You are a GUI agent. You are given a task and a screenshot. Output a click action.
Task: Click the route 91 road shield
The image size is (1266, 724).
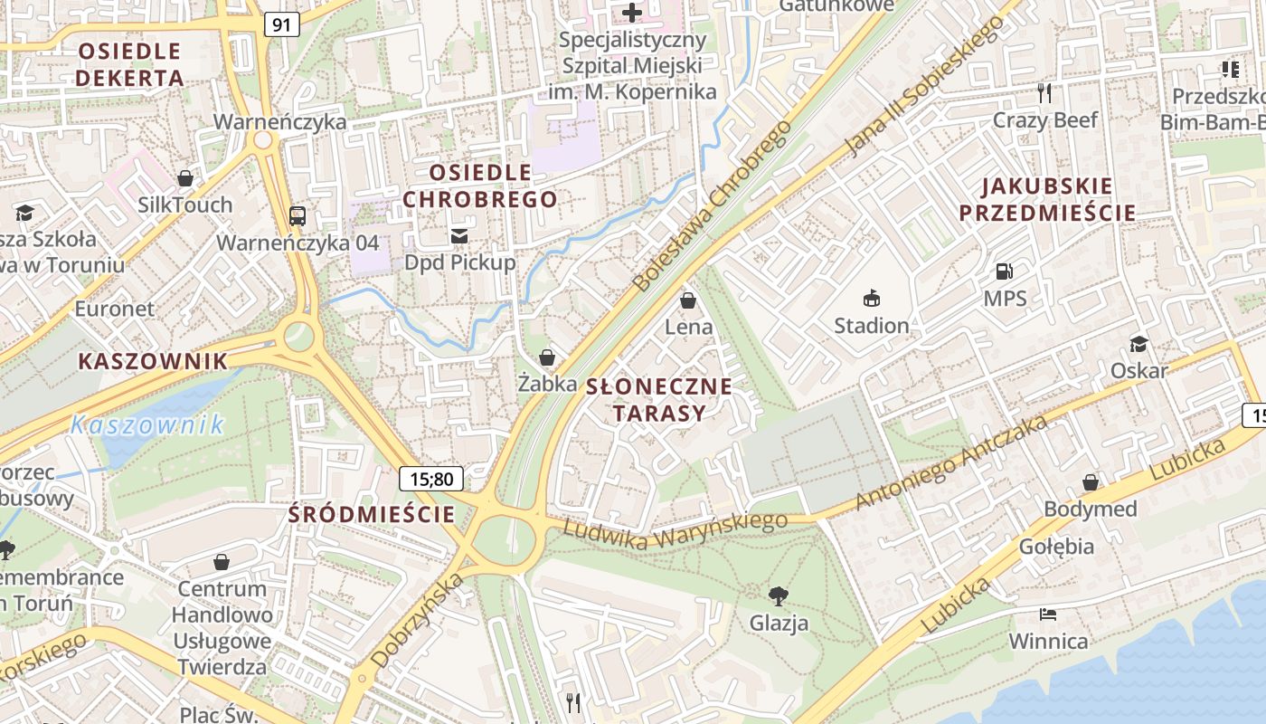[x=281, y=24]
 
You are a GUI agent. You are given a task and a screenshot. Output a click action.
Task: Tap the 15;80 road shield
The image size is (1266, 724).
[x=431, y=479]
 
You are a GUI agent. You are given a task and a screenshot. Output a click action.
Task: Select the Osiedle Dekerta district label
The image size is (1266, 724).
[x=129, y=64]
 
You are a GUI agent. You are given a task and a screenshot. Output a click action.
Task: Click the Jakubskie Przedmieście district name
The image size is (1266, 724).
[x=1047, y=200]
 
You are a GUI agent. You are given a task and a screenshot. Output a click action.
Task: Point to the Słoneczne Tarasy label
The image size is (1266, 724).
[x=658, y=400]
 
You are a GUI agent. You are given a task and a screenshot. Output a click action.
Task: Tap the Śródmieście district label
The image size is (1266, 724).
[x=372, y=515]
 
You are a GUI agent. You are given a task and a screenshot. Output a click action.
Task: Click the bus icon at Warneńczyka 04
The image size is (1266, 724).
[x=298, y=215]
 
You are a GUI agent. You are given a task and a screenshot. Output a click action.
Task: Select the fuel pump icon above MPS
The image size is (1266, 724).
[x=1004, y=271]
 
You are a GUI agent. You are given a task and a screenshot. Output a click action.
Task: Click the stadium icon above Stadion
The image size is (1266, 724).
[x=872, y=298]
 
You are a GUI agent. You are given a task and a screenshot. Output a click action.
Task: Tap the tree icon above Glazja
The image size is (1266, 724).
[x=778, y=595]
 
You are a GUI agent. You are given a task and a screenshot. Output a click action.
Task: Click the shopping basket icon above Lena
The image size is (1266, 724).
[x=688, y=300]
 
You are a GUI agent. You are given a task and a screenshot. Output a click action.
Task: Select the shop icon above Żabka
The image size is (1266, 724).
[x=547, y=357]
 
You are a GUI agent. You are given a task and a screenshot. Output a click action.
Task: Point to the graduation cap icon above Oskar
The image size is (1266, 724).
[x=1138, y=344]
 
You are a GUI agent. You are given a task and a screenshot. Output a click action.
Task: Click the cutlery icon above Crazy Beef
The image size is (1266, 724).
[x=1044, y=92]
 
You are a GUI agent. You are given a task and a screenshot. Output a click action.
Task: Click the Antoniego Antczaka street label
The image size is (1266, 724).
[x=950, y=462]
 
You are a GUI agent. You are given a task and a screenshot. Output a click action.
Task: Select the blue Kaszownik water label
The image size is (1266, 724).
[x=146, y=424]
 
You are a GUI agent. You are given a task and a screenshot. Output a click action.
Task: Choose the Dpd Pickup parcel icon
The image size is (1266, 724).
[x=459, y=236]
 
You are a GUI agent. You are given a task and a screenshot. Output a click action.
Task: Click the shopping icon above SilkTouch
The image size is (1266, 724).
[x=185, y=178]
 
